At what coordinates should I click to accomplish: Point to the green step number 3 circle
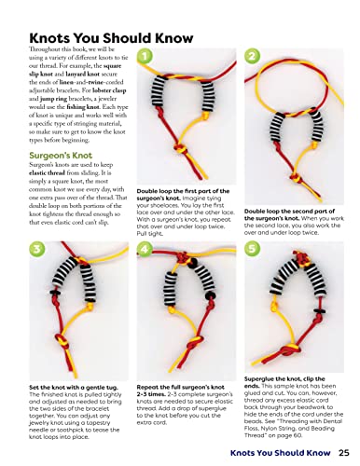click(x=34, y=250)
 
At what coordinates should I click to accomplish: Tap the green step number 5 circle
click(x=253, y=250)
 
